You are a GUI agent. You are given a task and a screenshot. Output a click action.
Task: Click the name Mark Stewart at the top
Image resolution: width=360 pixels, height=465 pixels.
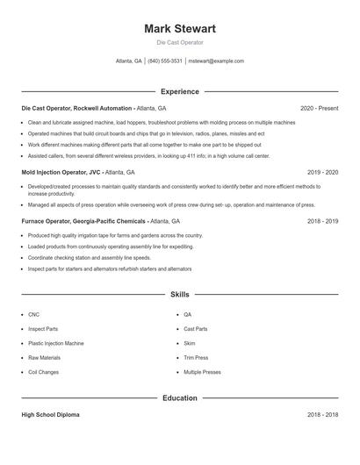click(x=179, y=29)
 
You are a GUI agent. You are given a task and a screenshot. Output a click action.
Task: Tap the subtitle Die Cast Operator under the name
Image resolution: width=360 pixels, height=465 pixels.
click(x=179, y=43)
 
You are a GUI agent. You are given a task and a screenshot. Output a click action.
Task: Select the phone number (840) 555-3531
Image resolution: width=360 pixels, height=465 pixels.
click(x=165, y=61)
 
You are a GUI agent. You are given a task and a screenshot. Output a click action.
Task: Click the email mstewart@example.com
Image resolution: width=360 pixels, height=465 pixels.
click(x=216, y=61)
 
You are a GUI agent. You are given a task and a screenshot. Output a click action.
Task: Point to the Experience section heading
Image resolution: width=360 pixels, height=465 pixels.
click(x=179, y=91)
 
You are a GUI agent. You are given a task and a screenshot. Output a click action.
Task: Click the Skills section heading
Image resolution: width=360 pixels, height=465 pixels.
click(x=179, y=295)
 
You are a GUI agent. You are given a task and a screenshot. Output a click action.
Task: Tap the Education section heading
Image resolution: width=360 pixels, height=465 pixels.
click(x=179, y=397)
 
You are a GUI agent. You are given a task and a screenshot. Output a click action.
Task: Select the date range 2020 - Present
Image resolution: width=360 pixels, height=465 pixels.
click(x=319, y=108)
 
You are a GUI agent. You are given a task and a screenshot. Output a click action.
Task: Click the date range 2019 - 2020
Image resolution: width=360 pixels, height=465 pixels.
click(x=322, y=173)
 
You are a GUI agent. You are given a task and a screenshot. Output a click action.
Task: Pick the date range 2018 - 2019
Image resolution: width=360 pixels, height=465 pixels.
click(x=322, y=222)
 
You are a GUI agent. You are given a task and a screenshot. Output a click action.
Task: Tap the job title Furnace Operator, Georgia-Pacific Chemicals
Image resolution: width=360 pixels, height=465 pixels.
click(x=83, y=222)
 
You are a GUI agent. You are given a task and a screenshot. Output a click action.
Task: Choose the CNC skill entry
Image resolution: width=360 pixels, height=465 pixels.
click(x=33, y=314)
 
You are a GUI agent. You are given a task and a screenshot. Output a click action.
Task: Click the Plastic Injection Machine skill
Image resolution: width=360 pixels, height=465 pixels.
click(x=56, y=343)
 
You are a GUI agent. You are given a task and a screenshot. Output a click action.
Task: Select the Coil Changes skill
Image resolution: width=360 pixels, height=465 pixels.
click(x=43, y=372)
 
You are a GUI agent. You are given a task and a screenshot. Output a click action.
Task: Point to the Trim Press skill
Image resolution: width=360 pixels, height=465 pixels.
click(x=196, y=358)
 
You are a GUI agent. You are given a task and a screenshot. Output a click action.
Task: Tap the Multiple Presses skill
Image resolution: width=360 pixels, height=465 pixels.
click(x=202, y=372)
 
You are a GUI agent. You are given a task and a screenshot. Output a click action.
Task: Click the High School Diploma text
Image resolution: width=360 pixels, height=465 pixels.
click(x=50, y=415)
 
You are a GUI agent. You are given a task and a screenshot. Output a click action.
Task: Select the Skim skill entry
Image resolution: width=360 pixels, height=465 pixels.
click(x=190, y=343)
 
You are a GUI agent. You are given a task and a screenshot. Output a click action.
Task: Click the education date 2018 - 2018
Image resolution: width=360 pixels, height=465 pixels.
click(x=322, y=415)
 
